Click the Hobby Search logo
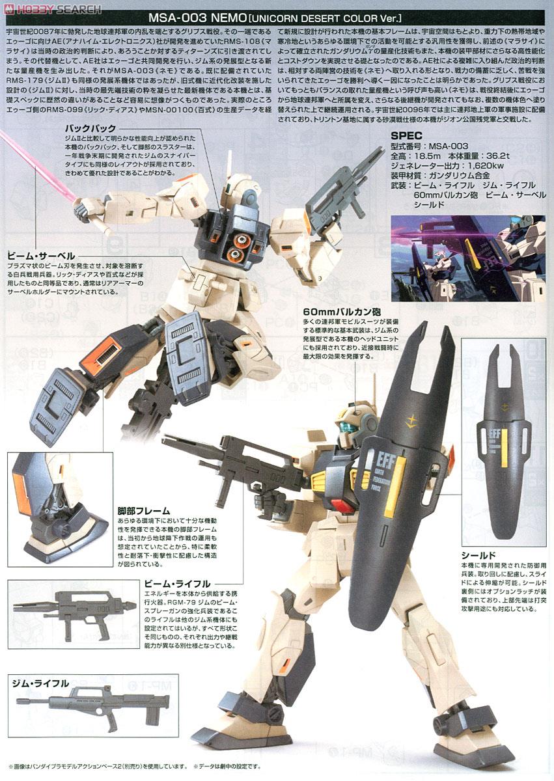[x=52, y=9]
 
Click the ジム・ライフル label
[x=41, y=683]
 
